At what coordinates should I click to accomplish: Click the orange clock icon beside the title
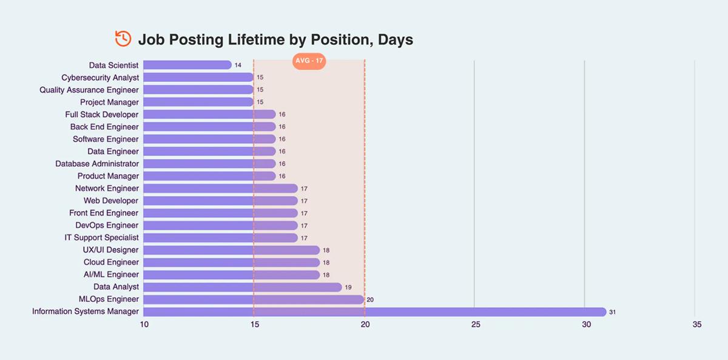click(x=123, y=39)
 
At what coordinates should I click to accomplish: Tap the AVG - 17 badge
click(x=309, y=61)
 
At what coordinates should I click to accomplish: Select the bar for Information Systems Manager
click(x=374, y=311)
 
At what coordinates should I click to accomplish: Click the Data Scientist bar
click(x=187, y=65)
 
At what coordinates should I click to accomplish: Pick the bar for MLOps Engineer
click(x=254, y=299)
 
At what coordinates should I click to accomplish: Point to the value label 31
click(x=613, y=312)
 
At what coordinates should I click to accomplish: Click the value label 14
click(x=238, y=65)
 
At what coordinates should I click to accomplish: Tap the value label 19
click(x=348, y=287)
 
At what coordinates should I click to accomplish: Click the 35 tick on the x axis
click(x=696, y=325)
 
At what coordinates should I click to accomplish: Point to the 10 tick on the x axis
click(x=144, y=325)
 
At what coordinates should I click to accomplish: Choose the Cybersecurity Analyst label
click(x=100, y=78)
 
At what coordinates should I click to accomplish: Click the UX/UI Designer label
click(x=110, y=250)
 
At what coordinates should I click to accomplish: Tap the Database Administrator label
click(x=97, y=164)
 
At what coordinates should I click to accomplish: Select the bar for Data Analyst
click(x=243, y=287)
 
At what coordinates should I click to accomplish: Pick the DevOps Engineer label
click(x=107, y=225)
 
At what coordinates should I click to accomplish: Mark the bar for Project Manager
click(x=198, y=102)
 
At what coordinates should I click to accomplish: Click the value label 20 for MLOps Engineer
click(x=370, y=300)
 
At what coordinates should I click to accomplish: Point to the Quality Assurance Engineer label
click(x=89, y=90)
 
